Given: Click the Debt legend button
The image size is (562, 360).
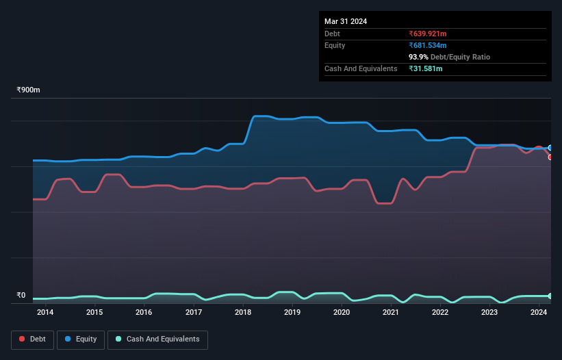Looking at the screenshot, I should (x=31, y=339).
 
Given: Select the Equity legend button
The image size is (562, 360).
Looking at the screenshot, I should (x=80, y=339).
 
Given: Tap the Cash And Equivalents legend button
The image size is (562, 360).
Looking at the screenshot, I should (x=157, y=339).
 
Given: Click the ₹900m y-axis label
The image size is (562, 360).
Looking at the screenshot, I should (x=28, y=90).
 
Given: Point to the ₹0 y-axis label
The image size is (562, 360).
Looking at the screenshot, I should (x=21, y=296).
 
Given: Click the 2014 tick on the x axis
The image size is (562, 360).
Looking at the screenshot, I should (x=45, y=313).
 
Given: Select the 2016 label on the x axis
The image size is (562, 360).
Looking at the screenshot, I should (x=144, y=313).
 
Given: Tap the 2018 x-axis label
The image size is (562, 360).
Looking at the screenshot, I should (x=243, y=313).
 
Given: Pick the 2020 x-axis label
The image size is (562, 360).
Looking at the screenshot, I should (x=342, y=313).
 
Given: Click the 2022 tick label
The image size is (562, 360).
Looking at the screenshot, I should (x=440, y=313).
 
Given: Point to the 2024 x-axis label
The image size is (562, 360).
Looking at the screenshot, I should (x=539, y=313).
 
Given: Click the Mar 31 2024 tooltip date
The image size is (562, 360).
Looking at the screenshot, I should (x=346, y=21).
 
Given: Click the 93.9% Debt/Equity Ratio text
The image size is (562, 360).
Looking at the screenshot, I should (x=449, y=57).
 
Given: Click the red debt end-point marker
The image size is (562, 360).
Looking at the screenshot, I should (x=550, y=157).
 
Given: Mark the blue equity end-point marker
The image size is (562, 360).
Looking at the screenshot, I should (x=550, y=148).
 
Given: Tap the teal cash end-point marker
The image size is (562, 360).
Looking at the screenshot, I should (x=550, y=296).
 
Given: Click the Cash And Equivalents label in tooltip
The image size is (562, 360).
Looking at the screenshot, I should (x=361, y=68).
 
